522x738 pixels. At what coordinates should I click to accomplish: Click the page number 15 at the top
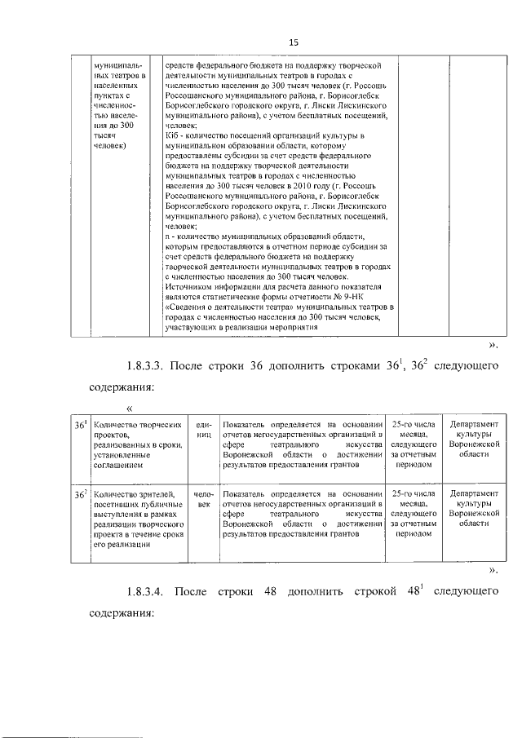(294, 42)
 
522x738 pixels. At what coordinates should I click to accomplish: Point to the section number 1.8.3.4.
(151, 590)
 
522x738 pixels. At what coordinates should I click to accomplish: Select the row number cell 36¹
(80, 425)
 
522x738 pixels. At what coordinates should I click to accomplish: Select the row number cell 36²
(80, 494)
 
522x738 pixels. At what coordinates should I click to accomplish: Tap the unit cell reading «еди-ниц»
(203, 430)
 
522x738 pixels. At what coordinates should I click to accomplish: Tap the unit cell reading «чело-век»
(203, 499)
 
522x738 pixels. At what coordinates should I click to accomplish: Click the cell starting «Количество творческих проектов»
(137, 441)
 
